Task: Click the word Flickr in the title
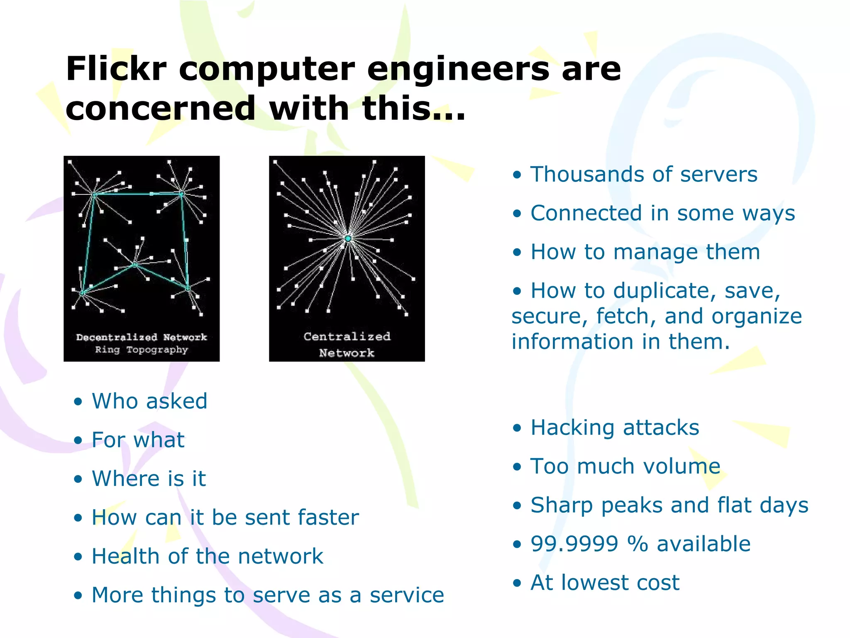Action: (x=116, y=69)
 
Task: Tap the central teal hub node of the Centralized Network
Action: (x=348, y=238)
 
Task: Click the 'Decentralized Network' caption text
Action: (x=142, y=337)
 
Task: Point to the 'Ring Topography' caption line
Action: (x=142, y=350)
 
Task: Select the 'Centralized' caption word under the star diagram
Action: (x=347, y=336)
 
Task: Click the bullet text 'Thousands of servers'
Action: (x=644, y=174)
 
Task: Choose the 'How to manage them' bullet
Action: (x=645, y=252)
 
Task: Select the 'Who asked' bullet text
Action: (x=149, y=401)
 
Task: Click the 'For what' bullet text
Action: (x=138, y=440)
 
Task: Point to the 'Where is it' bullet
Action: (x=149, y=478)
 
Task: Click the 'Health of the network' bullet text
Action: (x=207, y=556)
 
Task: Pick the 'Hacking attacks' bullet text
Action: (x=615, y=427)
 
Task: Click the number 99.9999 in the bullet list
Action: (x=574, y=544)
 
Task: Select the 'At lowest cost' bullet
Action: (x=605, y=582)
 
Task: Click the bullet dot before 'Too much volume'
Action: (x=516, y=467)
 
